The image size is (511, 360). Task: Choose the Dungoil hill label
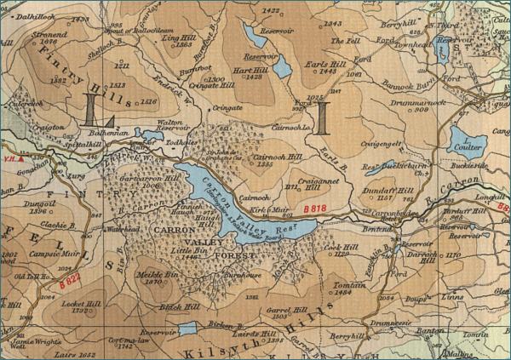pos(40,205)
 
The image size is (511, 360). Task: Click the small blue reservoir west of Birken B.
pos(188,328)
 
